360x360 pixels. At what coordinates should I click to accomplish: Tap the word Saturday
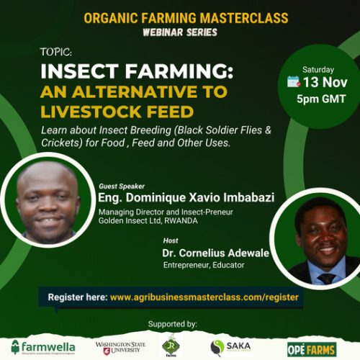318,69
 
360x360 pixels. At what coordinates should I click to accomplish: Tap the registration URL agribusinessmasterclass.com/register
205,296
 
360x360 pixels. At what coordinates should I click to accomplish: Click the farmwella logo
42,346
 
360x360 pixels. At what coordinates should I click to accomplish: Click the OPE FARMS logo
312,348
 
